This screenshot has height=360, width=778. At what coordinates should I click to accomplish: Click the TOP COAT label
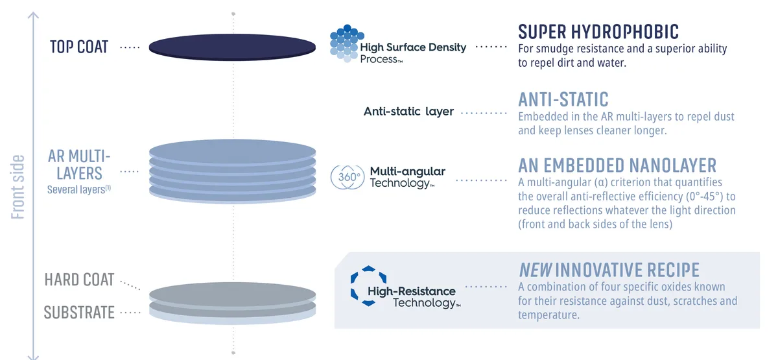click(x=79, y=47)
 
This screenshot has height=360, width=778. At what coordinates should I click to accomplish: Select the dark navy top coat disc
click(x=232, y=47)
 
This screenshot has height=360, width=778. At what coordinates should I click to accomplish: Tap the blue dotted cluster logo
click(x=347, y=43)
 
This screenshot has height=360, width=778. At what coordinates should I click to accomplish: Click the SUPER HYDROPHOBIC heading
click(x=598, y=32)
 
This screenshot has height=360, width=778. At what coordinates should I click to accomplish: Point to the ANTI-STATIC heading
click(x=563, y=99)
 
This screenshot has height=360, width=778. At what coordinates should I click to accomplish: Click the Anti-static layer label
click(x=408, y=112)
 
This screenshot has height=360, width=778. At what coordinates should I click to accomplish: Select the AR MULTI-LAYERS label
click(x=79, y=165)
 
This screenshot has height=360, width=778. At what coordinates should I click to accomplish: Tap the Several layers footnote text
click(x=79, y=189)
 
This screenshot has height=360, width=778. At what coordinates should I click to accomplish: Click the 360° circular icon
click(x=348, y=177)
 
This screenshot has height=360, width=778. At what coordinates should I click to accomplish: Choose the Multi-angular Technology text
click(x=407, y=177)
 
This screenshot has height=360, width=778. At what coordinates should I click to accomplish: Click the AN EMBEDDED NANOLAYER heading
click(x=617, y=165)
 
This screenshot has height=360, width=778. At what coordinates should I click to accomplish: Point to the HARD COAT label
click(x=79, y=280)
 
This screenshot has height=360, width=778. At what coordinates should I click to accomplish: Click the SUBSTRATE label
click(x=79, y=313)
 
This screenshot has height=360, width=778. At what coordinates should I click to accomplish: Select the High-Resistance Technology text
click(x=414, y=297)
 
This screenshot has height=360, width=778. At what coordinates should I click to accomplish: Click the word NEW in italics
click(x=535, y=270)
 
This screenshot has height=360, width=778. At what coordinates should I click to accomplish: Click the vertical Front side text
click(x=18, y=187)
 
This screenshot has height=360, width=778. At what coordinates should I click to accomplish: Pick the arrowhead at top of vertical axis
click(x=33, y=16)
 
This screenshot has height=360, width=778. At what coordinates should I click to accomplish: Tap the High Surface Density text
click(x=413, y=47)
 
